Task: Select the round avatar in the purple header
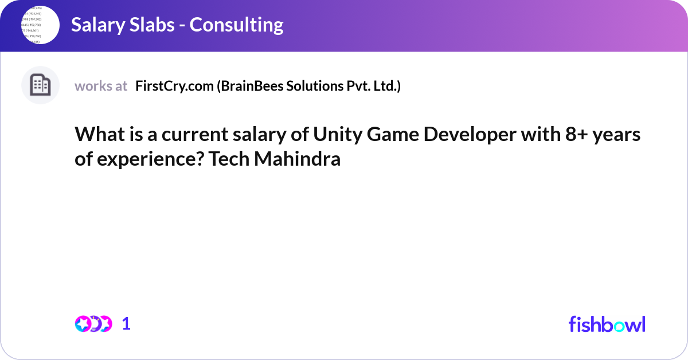click(41, 25)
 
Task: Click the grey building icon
click(41, 85)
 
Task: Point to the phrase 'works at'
click(101, 86)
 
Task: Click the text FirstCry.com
click(174, 86)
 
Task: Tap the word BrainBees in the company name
click(244, 86)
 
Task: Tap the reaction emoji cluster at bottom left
click(93, 324)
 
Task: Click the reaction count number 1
click(126, 324)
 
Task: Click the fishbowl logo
click(607, 324)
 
